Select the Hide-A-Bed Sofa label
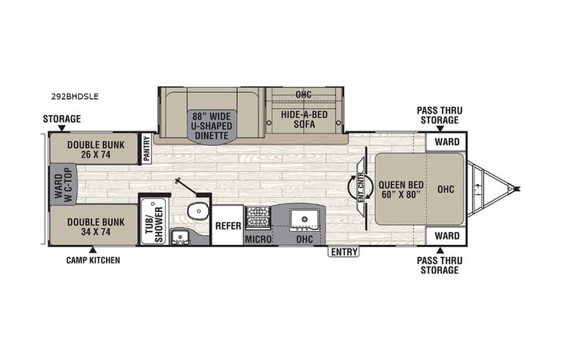pyautogui.click(x=303, y=119)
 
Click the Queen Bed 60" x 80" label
pyautogui.click(x=398, y=189)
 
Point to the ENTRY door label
pyautogui.click(x=342, y=251)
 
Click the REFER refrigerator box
pyautogui.click(x=227, y=226)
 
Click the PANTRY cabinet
pyautogui.click(x=146, y=149)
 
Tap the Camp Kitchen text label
pyautogui.click(x=93, y=260)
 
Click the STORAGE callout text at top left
pyautogui.click(x=61, y=119)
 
